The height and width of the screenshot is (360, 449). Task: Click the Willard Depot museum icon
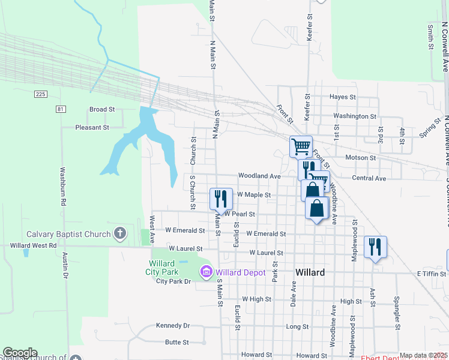click(x=207, y=272)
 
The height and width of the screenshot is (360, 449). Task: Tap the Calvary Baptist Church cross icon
click(x=120, y=234)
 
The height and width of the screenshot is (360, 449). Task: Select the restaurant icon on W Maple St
click(x=221, y=198)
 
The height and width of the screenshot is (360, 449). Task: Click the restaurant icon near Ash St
click(x=375, y=246)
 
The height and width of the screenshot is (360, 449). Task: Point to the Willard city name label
click(x=310, y=272)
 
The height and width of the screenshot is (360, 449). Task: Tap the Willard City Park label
click(x=162, y=268)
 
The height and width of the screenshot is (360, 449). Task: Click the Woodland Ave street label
click(x=259, y=176)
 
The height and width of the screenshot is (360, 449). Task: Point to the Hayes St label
click(x=343, y=97)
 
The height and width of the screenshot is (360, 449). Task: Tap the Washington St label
click(x=355, y=116)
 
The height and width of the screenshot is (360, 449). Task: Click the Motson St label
click(x=360, y=158)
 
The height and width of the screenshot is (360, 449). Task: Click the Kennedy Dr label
click(x=172, y=326)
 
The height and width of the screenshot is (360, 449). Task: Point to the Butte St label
click(x=177, y=343)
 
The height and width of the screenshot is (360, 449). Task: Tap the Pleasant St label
click(x=92, y=127)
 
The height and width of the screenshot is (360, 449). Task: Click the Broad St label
click(x=101, y=109)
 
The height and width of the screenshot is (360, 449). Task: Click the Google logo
click(x=20, y=353)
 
